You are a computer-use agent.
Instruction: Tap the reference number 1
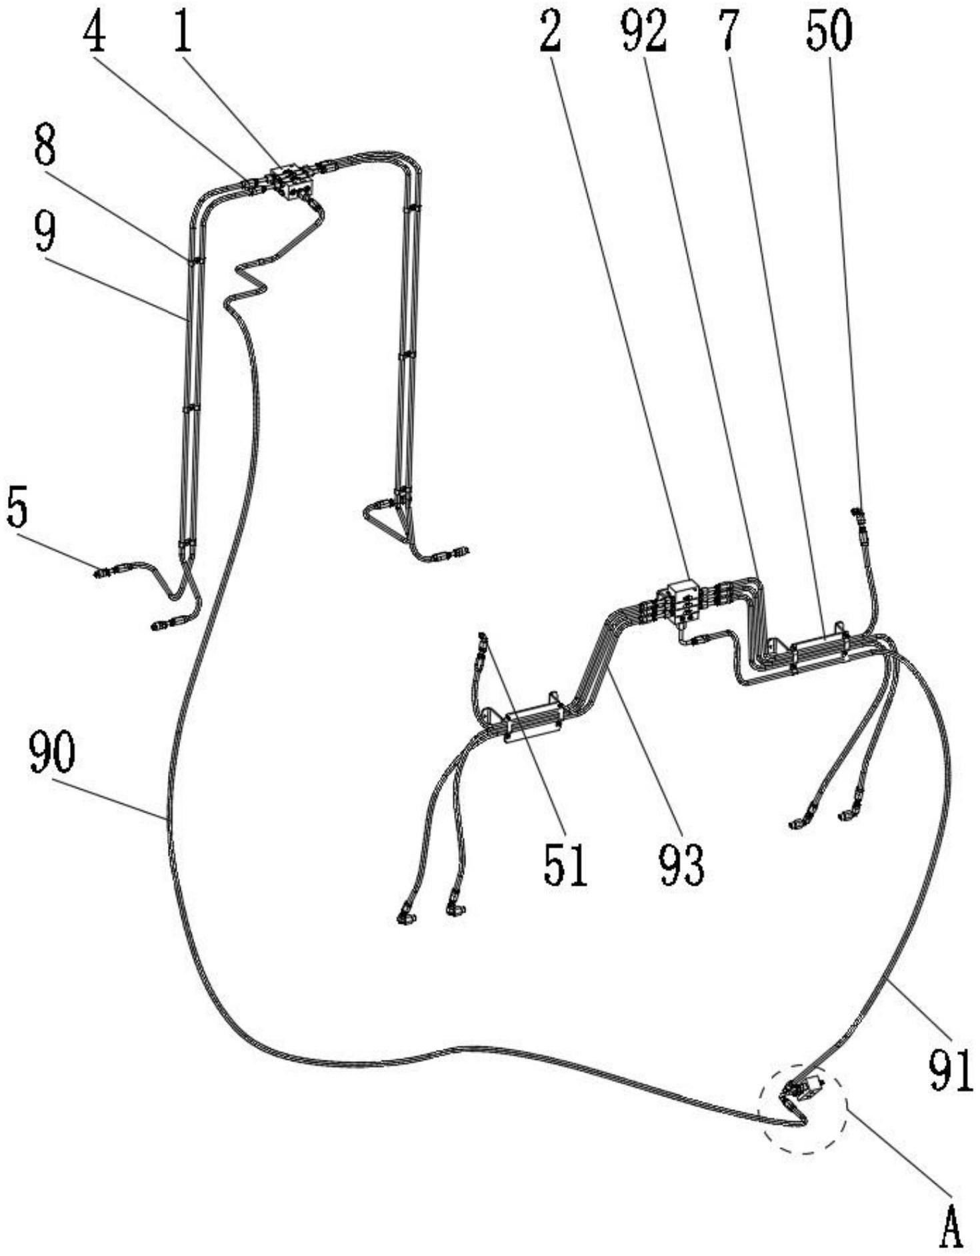pos(182,34)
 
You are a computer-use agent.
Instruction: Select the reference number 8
pos(45,147)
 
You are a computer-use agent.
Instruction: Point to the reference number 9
pos(45,233)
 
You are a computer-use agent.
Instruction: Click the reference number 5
pos(17,508)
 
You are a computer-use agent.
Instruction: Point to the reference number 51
pos(565,865)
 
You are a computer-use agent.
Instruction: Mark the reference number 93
pos(681,865)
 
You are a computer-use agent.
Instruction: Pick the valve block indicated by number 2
pos(681,598)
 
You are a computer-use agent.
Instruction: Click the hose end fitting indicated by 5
pos(103,573)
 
